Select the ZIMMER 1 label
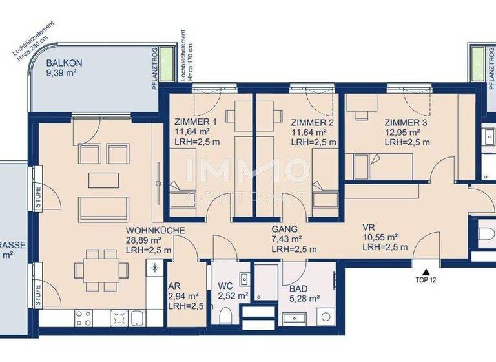click(x=196, y=122)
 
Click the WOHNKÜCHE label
click(x=156, y=229)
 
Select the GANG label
click(x=284, y=229)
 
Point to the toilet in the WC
click(x=225, y=315)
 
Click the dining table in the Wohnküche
click(x=94, y=267)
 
